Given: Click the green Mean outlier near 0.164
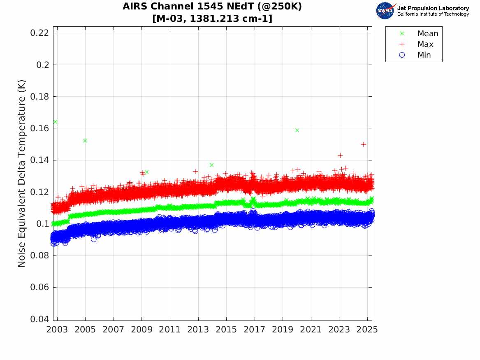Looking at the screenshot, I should click(x=55, y=122).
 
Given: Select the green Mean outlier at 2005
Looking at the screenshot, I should click(x=85, y=140).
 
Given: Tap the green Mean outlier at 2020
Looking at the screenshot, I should click(x=297, y=130).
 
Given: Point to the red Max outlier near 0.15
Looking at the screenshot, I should click(x=364, y=144).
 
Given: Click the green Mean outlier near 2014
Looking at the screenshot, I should click(x=211, y=165).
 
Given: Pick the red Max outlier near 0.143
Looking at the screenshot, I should click(x=340, y=155).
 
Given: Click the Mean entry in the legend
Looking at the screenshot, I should click(x=427, y=34).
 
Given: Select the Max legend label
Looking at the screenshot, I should click(x=425, y=44).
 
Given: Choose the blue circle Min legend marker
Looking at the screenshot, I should click(x=402, y=55).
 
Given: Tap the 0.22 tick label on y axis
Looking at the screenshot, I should click(x=40, y=33).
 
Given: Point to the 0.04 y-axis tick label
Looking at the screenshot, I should click(x=40, y=319).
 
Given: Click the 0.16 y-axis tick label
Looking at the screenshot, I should click(x=40, y=128).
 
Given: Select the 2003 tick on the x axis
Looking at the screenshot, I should click(x=57, y=330).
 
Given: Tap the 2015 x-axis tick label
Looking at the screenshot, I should click(x=226, y=330).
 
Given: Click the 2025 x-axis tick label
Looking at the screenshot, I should click(x=367, y=330).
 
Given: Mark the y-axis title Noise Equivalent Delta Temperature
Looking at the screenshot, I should click(x=22, y=173).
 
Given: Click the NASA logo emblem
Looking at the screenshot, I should click(x=385, y=11).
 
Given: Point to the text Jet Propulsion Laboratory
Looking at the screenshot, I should click(x=433, y=8).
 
